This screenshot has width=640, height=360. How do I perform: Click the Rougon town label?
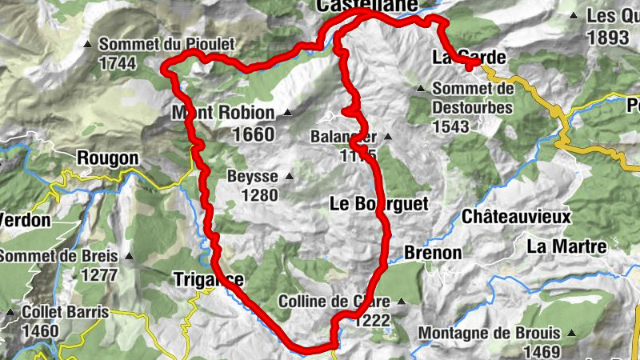coord(108,158)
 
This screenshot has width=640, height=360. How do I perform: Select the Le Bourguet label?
coord(379,204)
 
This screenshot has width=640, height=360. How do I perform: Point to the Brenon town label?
coord(433,253)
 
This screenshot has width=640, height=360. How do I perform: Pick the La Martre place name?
coord(566,246)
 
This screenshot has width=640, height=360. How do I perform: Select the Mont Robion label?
coord(223,113)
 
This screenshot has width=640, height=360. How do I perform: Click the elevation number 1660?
coord(253,134)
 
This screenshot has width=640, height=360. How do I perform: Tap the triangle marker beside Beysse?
coord(290,175)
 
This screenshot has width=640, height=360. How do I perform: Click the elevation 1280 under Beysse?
coord(255,195)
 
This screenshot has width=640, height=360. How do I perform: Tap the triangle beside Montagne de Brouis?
coord(571,331)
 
